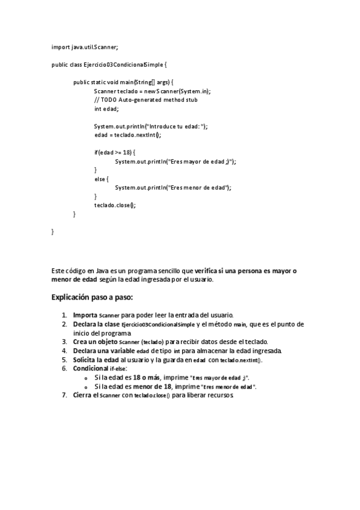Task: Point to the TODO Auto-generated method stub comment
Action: pos(145,100)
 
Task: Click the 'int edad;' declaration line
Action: pos(106,108)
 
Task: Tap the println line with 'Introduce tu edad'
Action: pos(150,126)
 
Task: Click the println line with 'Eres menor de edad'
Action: pos(172,188)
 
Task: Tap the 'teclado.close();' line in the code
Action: pos(115,205)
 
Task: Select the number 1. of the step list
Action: pos(64,315)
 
